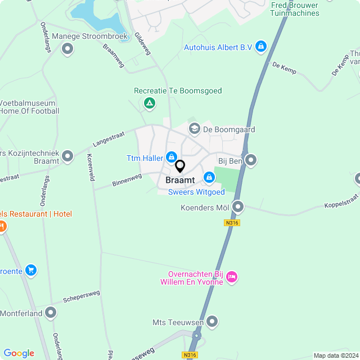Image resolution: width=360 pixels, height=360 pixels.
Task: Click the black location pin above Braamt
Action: tap(180, 166)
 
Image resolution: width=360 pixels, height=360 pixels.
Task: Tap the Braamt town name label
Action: tap(180, 181)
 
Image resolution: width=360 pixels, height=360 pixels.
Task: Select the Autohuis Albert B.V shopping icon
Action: tap(260, 47)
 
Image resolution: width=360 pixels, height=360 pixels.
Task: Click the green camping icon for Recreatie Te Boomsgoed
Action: tap(150, 103)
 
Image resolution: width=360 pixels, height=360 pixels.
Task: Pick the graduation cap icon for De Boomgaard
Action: tap(194, 129)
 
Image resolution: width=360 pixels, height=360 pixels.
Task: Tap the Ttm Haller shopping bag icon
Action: tap(172, 158)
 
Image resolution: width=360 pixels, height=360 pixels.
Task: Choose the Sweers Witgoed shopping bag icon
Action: tap(209, 178)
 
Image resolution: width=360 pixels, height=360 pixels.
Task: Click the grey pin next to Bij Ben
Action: tap(251, 161)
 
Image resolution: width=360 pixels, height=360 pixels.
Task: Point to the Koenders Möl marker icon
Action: tap(238, 208)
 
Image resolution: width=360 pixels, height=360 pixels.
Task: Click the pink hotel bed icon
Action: tap(232, 276)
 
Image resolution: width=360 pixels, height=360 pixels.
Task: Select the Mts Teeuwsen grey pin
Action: tap(211, 322)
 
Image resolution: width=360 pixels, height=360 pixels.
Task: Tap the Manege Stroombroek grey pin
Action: tap(67, 49)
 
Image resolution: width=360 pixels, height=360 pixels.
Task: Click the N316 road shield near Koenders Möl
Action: tap(231, 223)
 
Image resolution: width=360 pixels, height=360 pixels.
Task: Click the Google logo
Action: tap(19, 353)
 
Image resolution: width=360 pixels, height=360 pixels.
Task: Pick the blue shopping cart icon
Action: tap(31, 270)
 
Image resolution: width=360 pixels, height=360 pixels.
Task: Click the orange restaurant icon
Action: tap(2, 226)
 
